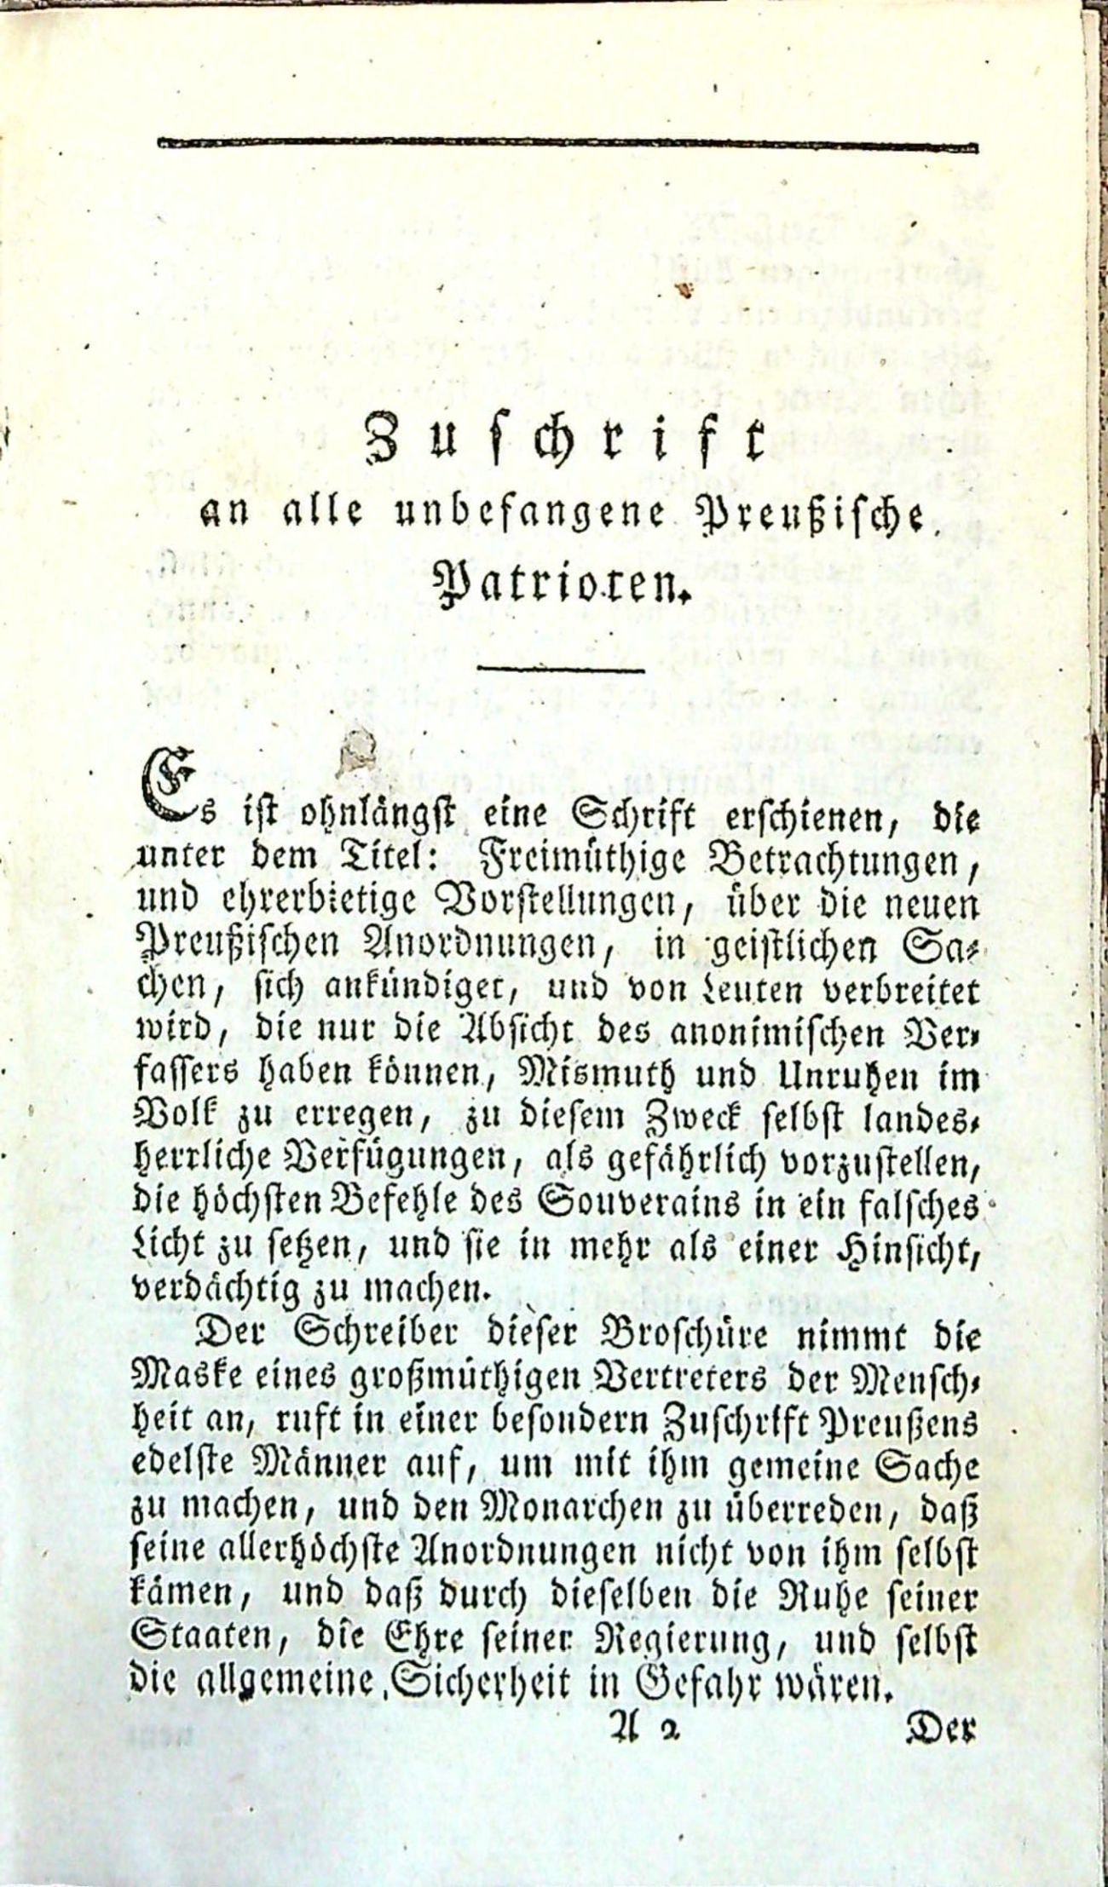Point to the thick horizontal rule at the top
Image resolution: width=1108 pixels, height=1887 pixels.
click(x=568, y=144)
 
